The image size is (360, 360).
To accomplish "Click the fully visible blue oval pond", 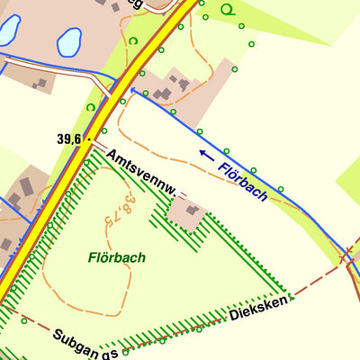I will tap(68, 41).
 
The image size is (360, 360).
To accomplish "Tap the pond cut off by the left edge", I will tap(7, 29).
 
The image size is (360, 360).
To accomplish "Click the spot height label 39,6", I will tap(68, 139).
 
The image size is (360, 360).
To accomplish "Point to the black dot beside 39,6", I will tap(88, 139).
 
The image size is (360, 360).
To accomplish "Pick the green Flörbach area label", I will tap(117, 257).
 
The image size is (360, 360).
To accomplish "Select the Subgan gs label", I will tap(85, 339).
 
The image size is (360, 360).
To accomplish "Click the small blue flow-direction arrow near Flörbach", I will tap(206, 155).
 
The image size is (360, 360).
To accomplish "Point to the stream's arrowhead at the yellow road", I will tap(132, 90).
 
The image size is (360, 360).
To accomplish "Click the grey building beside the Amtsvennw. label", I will tap(191, 211).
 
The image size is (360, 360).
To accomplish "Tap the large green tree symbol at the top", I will tap(228, 10).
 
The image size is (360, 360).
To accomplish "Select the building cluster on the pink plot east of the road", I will tap(171, 88).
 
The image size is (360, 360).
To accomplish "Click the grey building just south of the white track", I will tap(40, 84).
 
